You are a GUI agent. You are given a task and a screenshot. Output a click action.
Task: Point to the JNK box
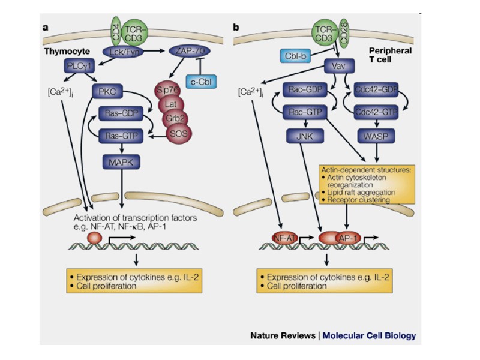[304, 137]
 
